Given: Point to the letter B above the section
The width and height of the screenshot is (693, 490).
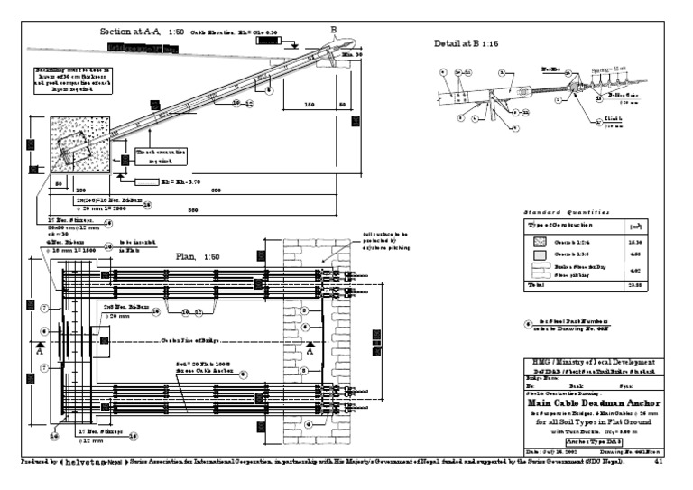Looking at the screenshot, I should pyautogui.click(x=333, y=29).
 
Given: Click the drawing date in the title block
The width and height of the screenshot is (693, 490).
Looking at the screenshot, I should pyautogui.click(x=552, y=451).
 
